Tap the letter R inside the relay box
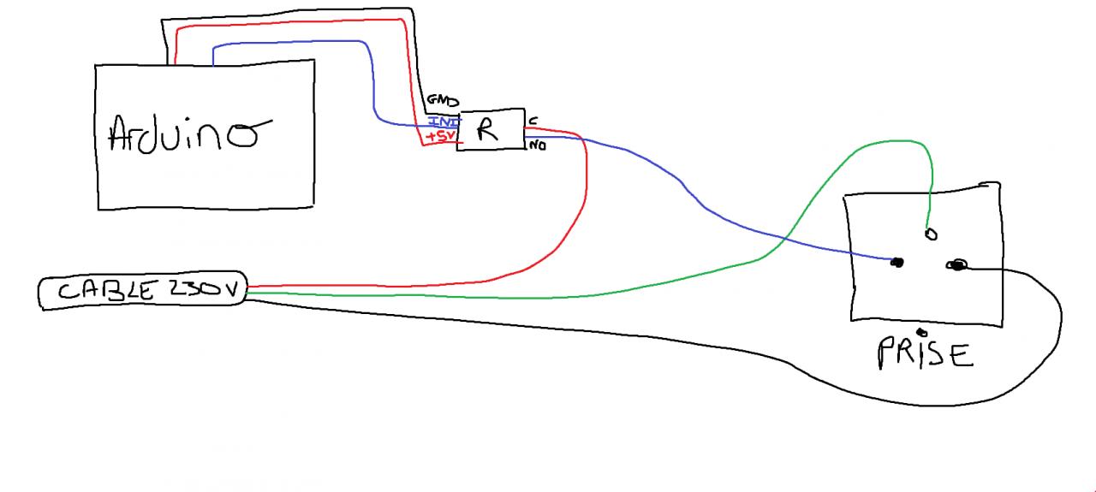(x=486, y=130)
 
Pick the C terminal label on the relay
(x=533, y=121)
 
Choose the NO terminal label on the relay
(x=538, y=145)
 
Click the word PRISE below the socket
(x=925, y=353)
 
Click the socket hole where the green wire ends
(x=932, y=234)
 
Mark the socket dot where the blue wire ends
(x=896, y=262)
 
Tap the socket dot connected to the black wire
(x=956, y=266)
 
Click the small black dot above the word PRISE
(x=920, y=332)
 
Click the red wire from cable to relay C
(x=586, y=197)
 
